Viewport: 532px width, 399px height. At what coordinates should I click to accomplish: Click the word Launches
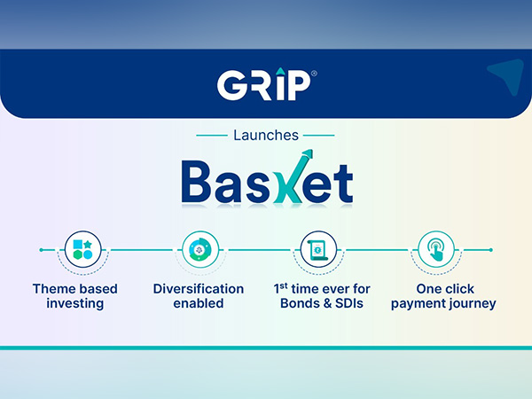point(266,136)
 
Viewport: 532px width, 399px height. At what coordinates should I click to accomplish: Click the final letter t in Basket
point(340,183)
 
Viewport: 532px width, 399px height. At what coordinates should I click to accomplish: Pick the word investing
point(74,305)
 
